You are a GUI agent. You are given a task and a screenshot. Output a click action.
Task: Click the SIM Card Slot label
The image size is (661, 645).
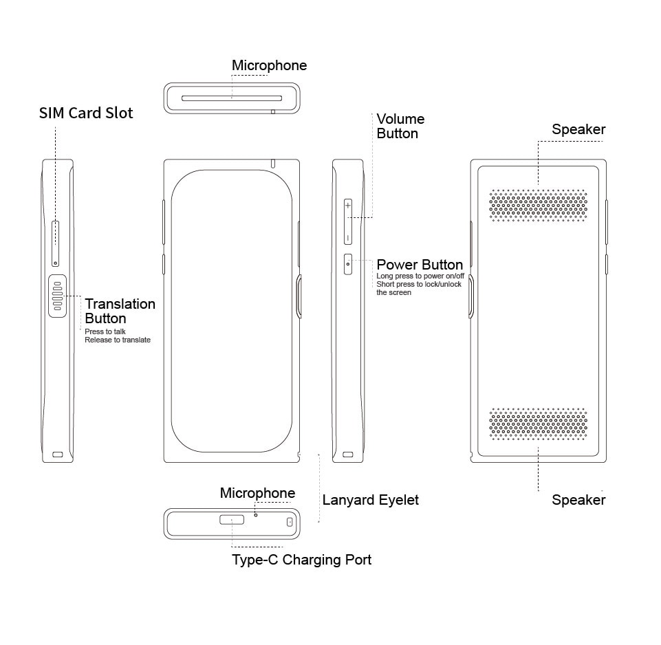(x=86, y=113)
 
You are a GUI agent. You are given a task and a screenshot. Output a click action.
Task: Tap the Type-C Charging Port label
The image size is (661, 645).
(x=301, y=560)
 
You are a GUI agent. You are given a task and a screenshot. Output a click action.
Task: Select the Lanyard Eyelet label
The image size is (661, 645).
(x=371, y=500)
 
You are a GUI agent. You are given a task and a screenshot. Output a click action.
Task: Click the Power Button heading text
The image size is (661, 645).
(x=420, y=264)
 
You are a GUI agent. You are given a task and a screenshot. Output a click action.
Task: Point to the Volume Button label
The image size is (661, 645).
(x=400, y=126)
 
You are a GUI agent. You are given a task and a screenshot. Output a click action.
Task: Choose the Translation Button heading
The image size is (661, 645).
(x=120, y=311)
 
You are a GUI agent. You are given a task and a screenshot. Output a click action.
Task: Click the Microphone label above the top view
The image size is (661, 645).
(x=270, y=65)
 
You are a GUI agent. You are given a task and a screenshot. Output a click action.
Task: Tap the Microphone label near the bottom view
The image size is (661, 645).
(x=257, y=493)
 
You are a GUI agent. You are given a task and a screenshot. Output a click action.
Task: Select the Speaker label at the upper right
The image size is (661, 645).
(x=578, y=129)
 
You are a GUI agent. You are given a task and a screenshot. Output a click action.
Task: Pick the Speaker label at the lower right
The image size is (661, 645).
(x=578, y=499)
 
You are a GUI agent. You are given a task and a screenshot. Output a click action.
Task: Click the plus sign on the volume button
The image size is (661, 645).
(x=348, y=206)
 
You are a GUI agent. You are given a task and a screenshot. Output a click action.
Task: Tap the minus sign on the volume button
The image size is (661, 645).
(x=348, y=238)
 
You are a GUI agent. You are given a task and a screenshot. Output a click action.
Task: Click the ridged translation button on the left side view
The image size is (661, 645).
(x=58, y=296)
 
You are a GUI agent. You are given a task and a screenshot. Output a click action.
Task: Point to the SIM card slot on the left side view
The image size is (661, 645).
(x=55, y=243)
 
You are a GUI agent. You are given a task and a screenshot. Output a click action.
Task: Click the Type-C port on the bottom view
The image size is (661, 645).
(x=232, y=520)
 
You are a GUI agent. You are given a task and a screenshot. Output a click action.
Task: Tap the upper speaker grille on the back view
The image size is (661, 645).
(x=539, y=206)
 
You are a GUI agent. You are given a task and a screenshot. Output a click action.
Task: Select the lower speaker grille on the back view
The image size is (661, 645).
(x=539, y=424)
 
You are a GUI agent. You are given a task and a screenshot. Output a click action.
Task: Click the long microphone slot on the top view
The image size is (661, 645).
(x=232, y=98)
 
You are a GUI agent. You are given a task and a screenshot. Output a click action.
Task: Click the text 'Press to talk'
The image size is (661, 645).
(x=105, y=331)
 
